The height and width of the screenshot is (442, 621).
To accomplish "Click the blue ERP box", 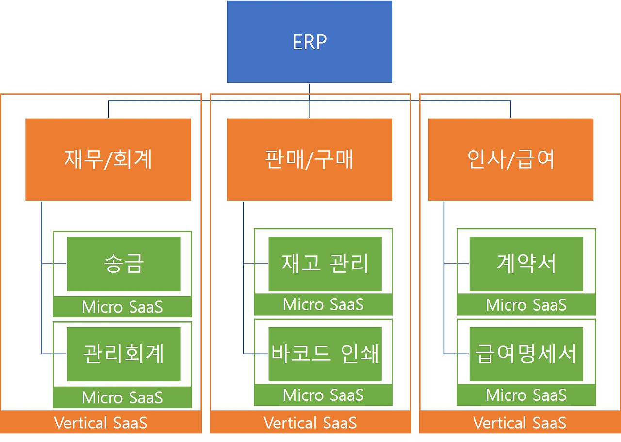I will [310, 42].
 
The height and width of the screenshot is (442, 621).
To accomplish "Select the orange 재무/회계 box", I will [108, 159].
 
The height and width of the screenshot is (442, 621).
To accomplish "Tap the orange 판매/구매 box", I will [310, 159].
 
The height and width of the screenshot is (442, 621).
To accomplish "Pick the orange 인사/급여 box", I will [510, 159].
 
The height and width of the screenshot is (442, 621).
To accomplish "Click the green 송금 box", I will [124, 264].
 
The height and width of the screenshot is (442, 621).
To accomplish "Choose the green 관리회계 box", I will [124, 354].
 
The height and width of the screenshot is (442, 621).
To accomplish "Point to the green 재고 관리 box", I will [325, 264].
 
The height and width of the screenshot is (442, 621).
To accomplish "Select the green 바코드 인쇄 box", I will [325, 354].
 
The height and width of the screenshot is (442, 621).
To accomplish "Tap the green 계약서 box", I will [526, 264].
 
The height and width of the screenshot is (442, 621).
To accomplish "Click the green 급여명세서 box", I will [526, 354].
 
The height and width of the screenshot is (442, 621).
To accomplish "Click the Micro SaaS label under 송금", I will [122, 307].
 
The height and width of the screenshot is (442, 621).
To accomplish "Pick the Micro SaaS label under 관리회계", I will [122, 397].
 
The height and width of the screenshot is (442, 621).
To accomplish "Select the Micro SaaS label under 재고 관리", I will [323, 305].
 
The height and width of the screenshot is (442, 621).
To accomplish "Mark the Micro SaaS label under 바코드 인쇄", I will [323, 395].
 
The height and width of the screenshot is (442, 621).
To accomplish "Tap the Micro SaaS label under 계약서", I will [526, 305].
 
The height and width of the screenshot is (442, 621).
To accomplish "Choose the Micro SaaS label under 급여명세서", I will [526, 395].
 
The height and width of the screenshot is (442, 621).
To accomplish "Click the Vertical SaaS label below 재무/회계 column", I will [101, 423].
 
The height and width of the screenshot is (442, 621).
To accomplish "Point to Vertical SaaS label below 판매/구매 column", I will [310, 423].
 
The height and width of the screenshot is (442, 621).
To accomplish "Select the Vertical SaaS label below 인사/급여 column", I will [520, 423].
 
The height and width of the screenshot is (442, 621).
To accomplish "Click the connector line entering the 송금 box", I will [54, 264].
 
